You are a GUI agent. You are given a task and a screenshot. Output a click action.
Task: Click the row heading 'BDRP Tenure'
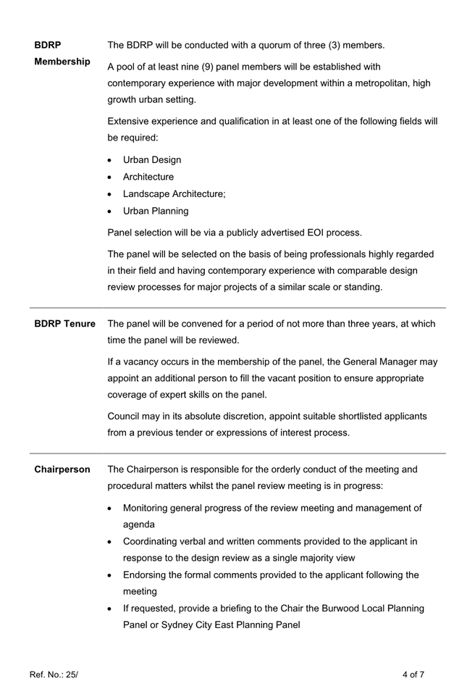(64, 324)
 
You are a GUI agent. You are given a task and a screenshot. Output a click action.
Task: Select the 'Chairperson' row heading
(62, 469)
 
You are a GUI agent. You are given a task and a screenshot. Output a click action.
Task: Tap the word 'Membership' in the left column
(62, 62)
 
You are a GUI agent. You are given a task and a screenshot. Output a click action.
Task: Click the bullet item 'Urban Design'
(152, 160)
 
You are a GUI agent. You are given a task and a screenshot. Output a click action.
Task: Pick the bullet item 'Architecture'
(148, 177)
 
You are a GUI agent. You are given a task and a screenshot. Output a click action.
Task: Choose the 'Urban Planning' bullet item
(156, 212)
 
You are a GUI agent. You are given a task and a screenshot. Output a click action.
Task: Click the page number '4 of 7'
(413, 675)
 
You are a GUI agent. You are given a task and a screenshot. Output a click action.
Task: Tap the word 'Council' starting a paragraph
(125, 417)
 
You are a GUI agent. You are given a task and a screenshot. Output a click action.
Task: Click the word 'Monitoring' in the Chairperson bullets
(148, 509)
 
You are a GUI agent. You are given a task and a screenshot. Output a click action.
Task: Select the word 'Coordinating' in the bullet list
(152, 542)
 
